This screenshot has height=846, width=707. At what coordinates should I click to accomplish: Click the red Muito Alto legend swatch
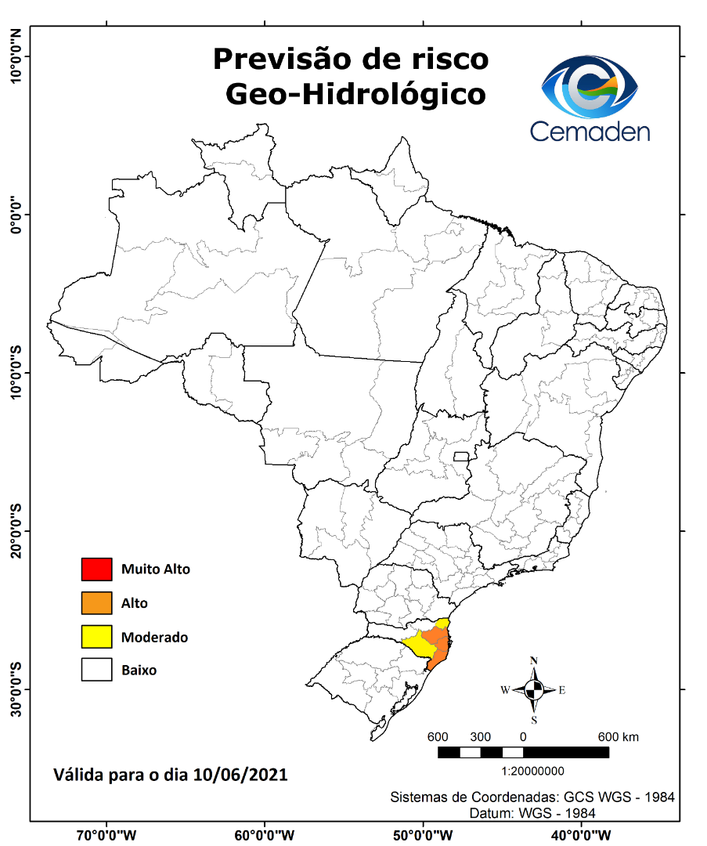[x=97, y=569]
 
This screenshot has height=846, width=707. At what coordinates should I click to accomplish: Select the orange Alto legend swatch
[x=97, y=603]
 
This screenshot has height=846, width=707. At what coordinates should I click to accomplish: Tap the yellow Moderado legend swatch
[x=97, y=637]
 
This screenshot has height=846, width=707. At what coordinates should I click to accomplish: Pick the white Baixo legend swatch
[x=97, y=671]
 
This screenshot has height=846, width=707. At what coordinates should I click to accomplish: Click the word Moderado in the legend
[x=154, y=638]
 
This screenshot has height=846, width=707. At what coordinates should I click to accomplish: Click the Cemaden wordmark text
[x=590, y=131]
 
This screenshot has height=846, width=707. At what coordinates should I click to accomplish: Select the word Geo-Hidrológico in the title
[x=355, y=95]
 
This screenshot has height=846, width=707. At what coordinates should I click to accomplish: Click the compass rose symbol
[x=534, y=690]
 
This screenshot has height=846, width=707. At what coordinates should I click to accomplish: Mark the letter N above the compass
[x=534, y=660]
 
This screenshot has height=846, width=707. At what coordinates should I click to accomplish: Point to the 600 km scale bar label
[x=619, y=737]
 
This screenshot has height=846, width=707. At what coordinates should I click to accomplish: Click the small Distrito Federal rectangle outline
[x=461, y=457]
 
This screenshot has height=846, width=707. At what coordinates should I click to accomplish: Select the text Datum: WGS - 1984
[x=532, y=813]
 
